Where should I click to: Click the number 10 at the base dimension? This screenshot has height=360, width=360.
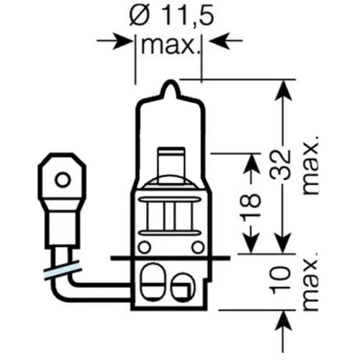coord(284,282)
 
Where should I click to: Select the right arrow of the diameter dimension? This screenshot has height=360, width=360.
coord(217,42)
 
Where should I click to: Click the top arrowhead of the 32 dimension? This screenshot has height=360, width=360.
coord(284,89)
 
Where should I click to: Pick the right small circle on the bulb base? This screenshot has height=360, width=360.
coord(197,246)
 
